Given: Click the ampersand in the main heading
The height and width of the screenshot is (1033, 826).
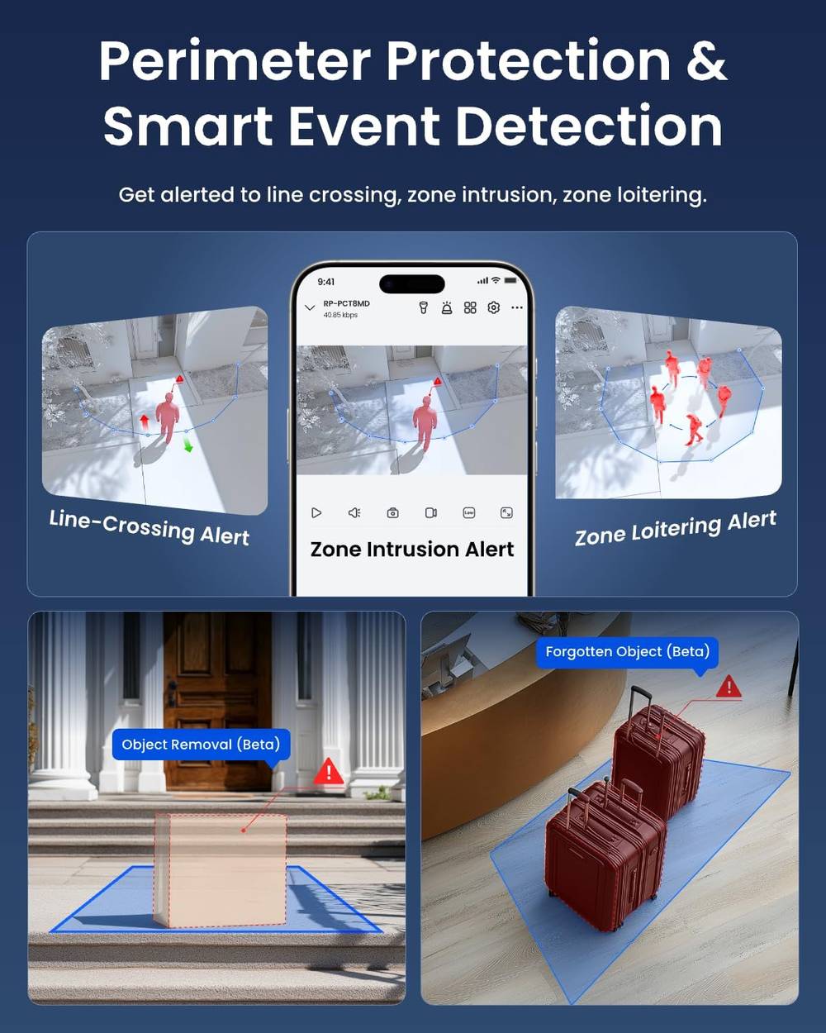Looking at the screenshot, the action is [x=706, y=60].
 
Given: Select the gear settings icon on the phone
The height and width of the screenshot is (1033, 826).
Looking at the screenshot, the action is [x=493, y=307].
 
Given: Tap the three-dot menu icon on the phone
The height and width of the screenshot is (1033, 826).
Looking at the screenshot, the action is [x=517, y=307].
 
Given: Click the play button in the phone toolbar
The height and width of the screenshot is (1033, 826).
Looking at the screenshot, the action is [x=316, y=512].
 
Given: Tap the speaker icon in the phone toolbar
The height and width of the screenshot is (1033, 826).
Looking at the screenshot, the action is [x=354, y=512].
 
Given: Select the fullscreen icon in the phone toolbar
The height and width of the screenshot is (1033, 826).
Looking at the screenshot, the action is [x=506, y=512].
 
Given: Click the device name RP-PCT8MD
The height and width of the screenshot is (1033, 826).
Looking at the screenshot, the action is [x=347, y=303].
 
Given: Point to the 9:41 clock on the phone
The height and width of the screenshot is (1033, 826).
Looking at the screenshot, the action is [x=326, y=282].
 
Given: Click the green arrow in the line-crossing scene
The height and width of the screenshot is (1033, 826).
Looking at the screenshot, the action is [x=188, y=446].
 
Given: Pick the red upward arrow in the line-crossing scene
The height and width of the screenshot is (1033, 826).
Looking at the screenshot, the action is [x=144, y=422].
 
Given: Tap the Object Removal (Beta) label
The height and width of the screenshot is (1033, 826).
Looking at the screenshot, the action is [x=201, y=745].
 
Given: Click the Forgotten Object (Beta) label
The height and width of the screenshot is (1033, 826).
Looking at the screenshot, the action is [x=627, y=651].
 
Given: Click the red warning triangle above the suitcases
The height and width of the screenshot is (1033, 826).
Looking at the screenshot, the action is [x=729, y=687].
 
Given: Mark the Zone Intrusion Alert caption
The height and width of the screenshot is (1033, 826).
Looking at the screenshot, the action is [x=412, y=549].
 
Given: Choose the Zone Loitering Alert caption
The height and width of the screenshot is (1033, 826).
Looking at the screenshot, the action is [x=676, y=529].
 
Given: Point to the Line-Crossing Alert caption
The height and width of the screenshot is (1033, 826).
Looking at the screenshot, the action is [x=150, y=527].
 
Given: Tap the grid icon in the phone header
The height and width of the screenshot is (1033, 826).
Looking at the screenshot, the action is [x=470, y=307].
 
